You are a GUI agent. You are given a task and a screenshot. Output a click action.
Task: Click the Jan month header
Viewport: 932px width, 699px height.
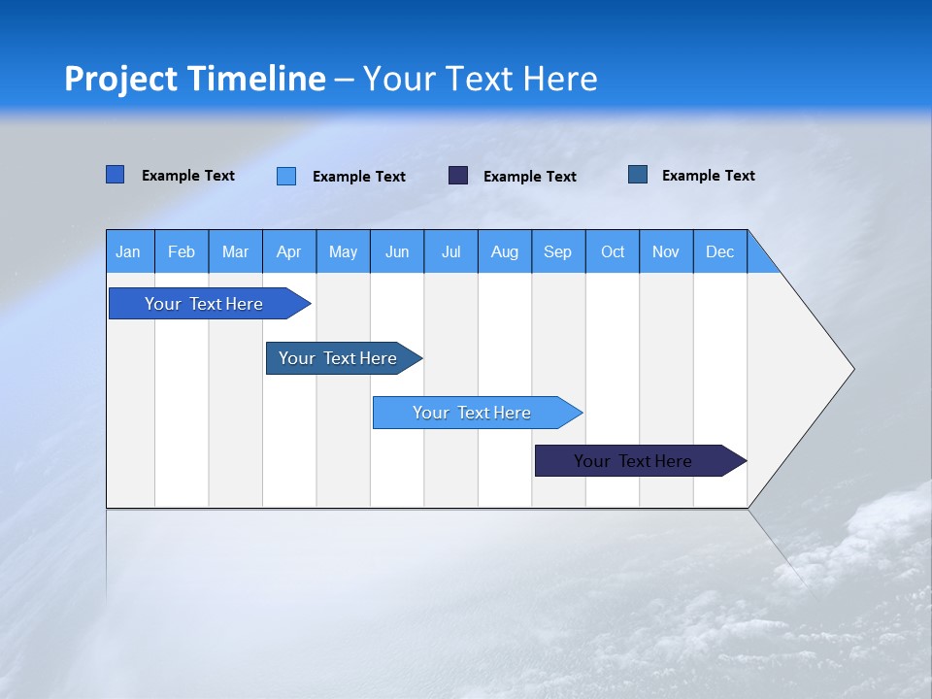pos(129,251)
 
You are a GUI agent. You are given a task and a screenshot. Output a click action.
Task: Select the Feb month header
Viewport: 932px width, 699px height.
pos(182,251)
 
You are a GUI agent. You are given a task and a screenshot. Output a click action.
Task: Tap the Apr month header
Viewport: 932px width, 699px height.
pos(289,251)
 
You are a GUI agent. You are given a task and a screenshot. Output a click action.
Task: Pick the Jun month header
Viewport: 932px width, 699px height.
pos(397,251)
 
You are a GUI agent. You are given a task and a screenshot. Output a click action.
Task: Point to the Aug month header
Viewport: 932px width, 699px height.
pos(505,251)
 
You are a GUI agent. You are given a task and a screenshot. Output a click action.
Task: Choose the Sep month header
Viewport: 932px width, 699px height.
pos(558,251)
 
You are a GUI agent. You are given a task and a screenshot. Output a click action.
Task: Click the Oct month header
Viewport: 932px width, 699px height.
pos(613,251)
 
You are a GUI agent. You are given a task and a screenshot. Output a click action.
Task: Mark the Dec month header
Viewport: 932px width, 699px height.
pos(720,251)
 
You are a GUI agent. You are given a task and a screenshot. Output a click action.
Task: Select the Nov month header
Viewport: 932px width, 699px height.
pos(666,251)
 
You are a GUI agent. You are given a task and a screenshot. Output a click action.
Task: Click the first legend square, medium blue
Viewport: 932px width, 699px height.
pos(115,175)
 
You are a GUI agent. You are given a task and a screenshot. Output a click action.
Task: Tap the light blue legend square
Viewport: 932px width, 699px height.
pos(286,176)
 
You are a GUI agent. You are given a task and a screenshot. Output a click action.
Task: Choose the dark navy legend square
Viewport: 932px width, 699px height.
pos(458,176)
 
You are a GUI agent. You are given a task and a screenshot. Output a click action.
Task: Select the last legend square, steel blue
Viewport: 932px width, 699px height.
pos(638,175)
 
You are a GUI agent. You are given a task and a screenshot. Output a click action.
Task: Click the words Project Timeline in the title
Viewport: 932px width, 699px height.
pos(195,79)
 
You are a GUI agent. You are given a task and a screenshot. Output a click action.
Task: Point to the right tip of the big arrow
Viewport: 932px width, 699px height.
pos(852,369)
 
